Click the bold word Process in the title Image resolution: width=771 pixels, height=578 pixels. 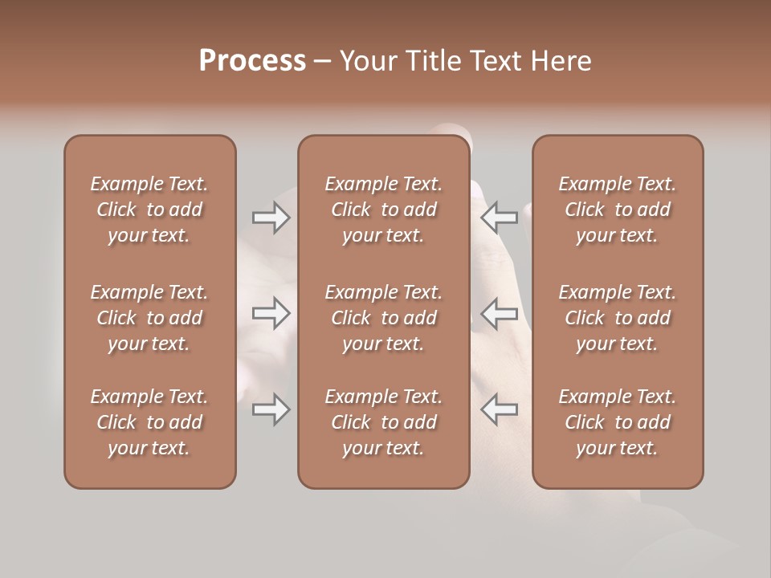point(252,61)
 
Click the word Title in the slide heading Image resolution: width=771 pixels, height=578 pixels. point(432,61)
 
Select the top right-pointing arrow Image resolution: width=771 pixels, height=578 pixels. point(271,218)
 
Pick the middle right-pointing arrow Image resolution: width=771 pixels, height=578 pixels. point(271,313)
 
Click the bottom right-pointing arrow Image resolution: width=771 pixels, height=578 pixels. point(271,409)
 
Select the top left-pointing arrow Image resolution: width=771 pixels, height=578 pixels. point(499,217)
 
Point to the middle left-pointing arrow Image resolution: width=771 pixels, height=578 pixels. point(499,313)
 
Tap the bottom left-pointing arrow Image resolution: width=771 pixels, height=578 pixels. point(499,409)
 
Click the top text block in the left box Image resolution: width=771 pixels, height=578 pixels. point(149,210)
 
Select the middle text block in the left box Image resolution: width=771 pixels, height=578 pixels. point(149,318)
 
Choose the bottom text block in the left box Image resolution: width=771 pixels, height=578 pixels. point(149,422)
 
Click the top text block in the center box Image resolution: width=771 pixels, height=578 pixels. point(383,210)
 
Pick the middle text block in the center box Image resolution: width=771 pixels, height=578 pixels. point(383,318)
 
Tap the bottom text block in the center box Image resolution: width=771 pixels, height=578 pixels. point(383,422)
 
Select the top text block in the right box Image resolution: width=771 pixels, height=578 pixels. point(617,210)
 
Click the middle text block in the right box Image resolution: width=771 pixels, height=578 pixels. point(617,318)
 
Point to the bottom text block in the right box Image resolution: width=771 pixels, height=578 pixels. point(617,422)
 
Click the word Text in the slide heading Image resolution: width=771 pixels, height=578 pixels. point(497,61)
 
